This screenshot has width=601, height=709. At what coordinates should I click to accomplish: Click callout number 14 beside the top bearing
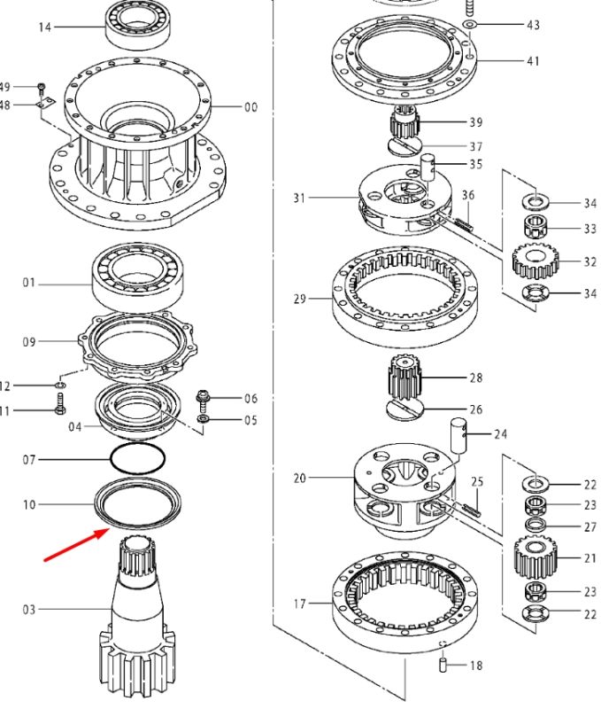tap(45, 27)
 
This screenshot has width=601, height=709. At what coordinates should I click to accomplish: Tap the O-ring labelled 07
tap(138, 459)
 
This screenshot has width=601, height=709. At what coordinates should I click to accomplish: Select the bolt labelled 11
tap(60, 403)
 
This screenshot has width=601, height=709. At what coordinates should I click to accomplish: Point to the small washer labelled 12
tap(60, 385)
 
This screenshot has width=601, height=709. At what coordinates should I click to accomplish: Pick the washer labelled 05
tap(204, 418)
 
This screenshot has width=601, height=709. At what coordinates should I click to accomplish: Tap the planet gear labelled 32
tap(535, 261)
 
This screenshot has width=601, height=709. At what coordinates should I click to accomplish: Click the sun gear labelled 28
tap(405, 378)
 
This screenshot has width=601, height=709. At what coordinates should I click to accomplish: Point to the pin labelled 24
tap(458, 434)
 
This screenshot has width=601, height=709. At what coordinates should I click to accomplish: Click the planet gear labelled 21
tap(536, 558)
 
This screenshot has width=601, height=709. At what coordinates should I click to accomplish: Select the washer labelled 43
tap(470, 24)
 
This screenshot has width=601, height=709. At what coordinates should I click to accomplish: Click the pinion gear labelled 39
tap(405, 122)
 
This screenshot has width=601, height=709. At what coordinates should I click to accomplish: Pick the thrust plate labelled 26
tap(405, 409)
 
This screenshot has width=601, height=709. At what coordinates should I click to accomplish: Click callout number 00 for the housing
tap(250, 107)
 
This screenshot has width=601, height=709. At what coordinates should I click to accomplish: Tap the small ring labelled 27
tap(536, 525)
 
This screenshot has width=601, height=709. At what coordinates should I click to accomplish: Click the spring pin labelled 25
tap(473, 509)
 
